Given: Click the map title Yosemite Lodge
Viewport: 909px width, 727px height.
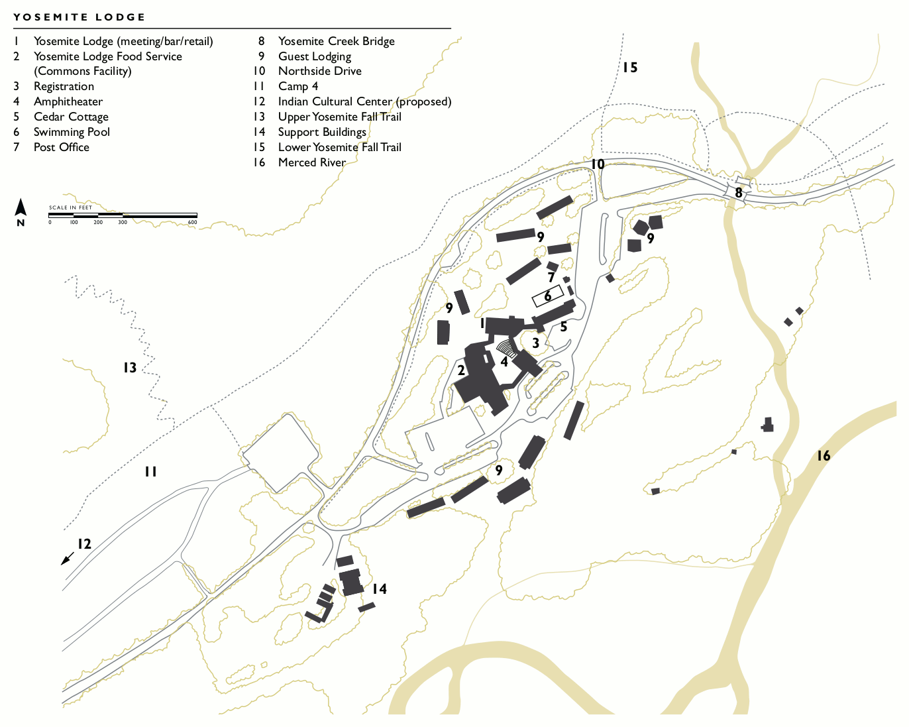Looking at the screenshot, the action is (80, 17).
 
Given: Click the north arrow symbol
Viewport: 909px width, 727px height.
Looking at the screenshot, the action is (21, 209).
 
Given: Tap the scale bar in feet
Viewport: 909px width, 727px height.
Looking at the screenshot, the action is (123, 215).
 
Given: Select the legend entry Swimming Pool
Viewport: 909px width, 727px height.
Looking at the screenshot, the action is (72, 132).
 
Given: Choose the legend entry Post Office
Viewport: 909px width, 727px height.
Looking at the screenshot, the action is (61, 147).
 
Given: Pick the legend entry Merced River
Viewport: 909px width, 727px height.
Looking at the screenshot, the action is (311, 162).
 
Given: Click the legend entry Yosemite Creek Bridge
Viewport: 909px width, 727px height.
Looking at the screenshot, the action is (336, 41).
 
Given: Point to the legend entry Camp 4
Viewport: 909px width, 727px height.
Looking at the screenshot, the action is (297, 86).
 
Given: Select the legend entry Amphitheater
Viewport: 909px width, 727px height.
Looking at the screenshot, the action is (68, 101).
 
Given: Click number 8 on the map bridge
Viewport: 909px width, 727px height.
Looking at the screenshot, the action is (739, 194).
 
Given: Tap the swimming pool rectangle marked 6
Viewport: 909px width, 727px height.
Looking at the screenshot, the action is (548, 296).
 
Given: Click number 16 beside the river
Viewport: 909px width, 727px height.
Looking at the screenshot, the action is (823, 455).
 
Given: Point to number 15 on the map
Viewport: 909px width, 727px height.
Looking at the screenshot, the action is (629, 67).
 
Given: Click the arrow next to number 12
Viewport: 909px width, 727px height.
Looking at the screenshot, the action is (67, 559).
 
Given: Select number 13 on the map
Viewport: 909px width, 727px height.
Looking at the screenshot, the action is (130, 367).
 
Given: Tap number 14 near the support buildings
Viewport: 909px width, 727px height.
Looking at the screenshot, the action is (379, 588).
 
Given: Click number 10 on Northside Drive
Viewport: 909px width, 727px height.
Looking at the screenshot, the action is (598, 164).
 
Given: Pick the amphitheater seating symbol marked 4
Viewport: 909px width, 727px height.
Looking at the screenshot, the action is (507, 347).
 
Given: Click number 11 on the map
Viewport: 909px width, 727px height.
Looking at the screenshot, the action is (151, 471).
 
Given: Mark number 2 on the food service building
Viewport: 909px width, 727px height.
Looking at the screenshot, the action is (461, 370).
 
